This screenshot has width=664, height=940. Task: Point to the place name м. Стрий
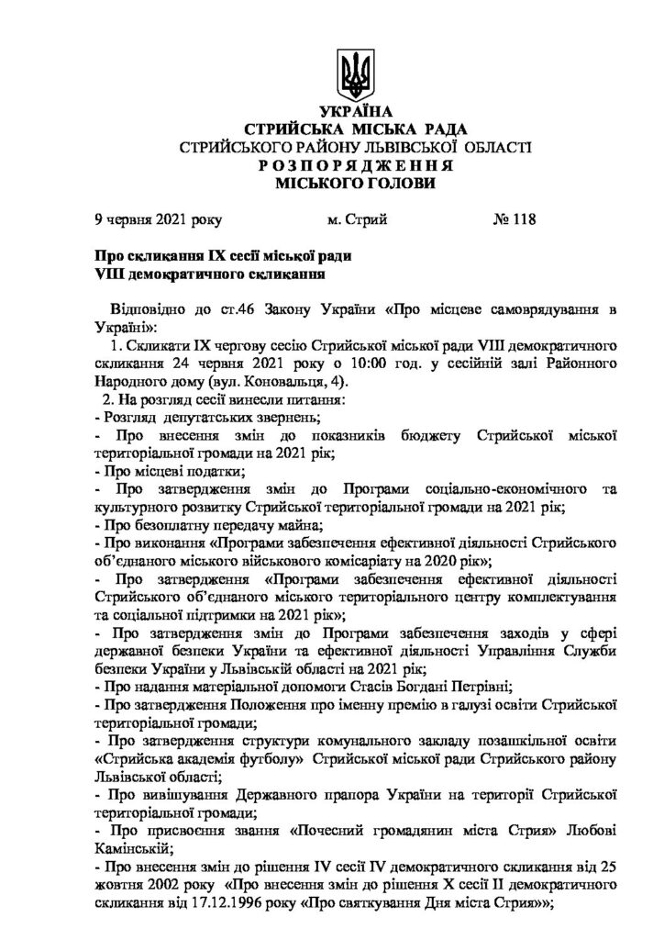358,219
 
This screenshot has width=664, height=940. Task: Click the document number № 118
515,219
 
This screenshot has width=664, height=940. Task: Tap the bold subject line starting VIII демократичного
211,274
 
